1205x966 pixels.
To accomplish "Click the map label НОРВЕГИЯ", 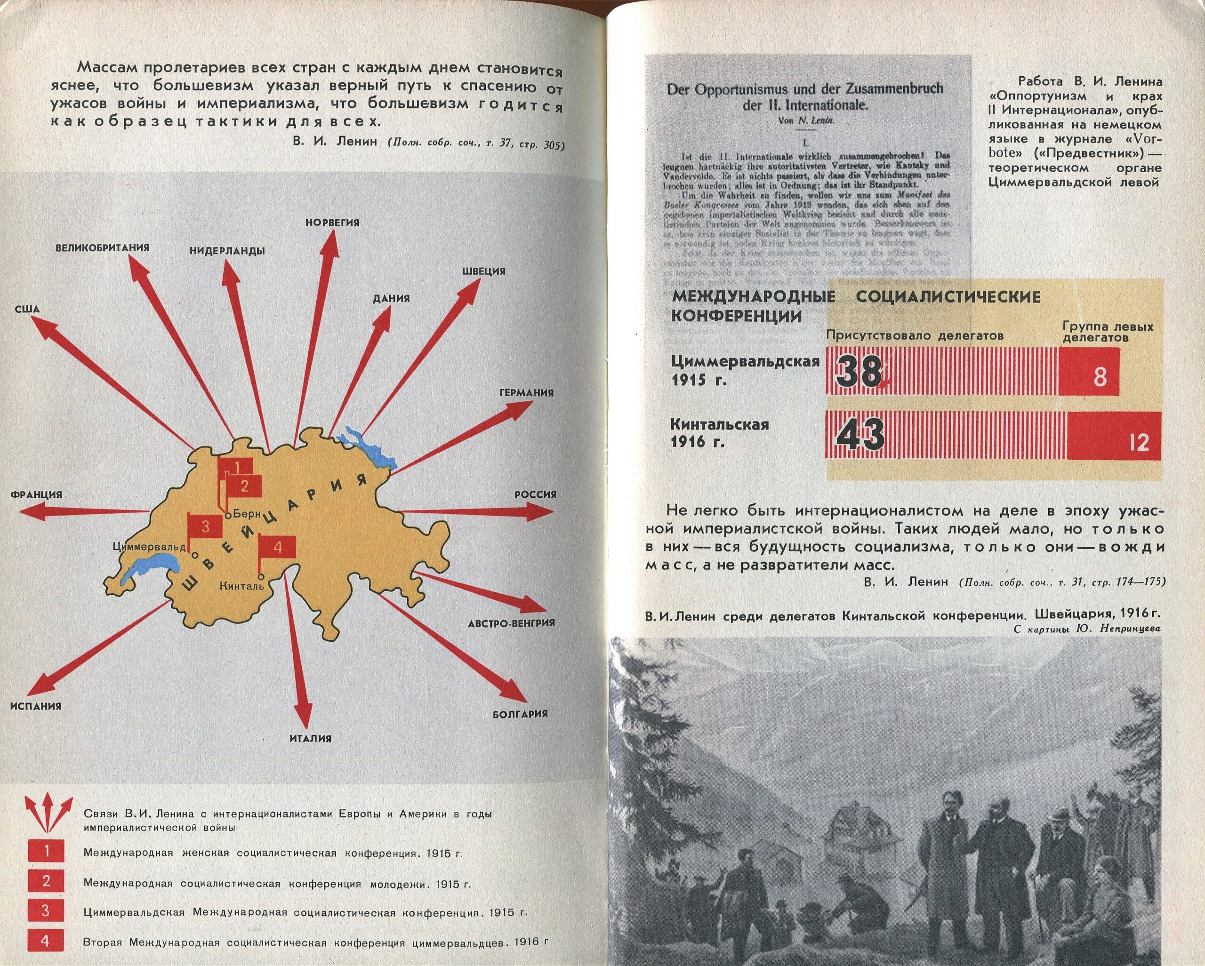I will click(x=332, y=223).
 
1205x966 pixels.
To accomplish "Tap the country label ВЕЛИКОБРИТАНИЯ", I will click(x=102, y=247).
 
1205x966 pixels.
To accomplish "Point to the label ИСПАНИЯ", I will click(x=36, y=706).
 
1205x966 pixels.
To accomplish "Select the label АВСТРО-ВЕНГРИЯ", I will click(x=511, y=623).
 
